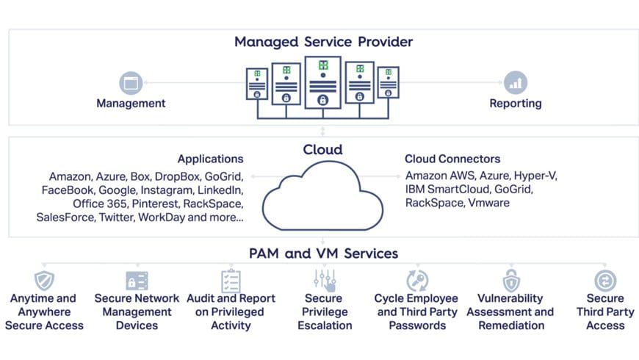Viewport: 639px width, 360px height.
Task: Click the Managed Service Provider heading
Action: click(323, 41)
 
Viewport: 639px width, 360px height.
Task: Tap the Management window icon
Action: click(131, 82)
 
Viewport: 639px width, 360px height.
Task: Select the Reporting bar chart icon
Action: click(515, 82)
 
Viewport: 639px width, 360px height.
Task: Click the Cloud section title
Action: click(323, 150)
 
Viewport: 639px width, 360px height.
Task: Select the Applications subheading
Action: click(210, 159)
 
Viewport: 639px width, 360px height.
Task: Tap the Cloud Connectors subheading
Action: click(452, 159)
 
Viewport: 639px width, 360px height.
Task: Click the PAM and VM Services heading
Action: click(323, 253)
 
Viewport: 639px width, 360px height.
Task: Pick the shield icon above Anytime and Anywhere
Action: click(44, 280)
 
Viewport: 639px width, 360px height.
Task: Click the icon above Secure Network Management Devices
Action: click(137, 281)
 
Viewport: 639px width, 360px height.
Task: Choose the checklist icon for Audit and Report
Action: click(231, 281)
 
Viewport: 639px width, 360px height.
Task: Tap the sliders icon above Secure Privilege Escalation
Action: click(324, 280)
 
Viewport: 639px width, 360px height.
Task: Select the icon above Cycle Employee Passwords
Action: click(416, 281)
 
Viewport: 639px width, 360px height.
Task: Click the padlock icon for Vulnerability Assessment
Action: click(510, 281)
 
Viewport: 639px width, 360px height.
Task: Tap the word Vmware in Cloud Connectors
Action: click(488, 203)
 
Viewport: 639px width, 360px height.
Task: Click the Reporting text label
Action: click(515, 104)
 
